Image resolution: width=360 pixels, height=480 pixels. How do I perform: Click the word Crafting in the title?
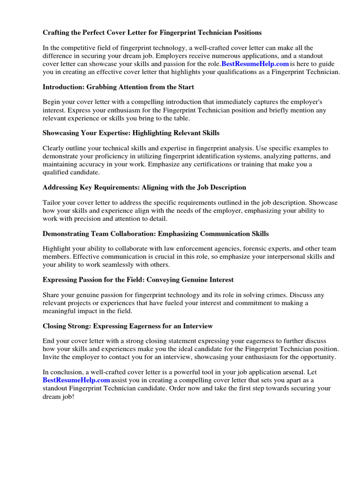coord(57,33)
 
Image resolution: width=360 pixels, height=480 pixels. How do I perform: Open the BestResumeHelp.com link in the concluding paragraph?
coord(76,380)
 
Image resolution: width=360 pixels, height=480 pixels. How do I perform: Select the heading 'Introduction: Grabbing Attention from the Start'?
coord(118,87)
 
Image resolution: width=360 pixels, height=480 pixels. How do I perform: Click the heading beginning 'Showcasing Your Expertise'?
coord(131,133)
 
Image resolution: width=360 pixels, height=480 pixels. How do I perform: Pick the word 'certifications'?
coord(226,164)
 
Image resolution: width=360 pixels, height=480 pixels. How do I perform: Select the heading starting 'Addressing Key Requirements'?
coord(144,187)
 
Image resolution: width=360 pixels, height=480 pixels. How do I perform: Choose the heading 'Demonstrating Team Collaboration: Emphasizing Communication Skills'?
coord(156,233)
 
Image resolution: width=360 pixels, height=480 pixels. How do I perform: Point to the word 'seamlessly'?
coord(117,264)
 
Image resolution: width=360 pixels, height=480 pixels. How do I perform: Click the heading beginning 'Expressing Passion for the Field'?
coord(138,279)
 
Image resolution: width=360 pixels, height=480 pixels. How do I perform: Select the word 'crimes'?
coord(274,295)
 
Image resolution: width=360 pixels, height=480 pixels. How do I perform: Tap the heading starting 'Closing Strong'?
coord(127,326)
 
